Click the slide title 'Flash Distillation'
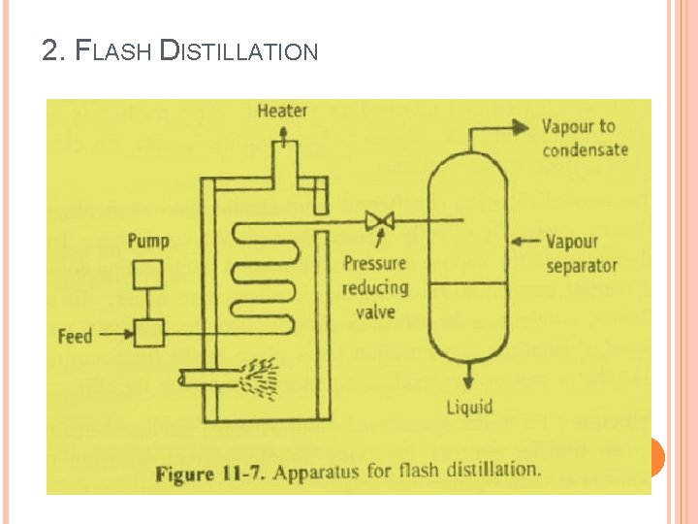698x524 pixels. click(x=180, y=49)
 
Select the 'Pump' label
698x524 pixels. click(x=147, y=240)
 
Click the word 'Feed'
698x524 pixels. click(x=75, y=337)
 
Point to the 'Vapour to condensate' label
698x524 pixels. click(x=585, y=137)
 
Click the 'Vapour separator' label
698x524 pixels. click(x=582, y=252)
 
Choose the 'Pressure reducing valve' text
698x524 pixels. click(x=375, y=287)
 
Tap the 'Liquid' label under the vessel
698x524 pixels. click(x=470, y=406)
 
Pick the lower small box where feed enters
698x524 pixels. click(x=147, y=335)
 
